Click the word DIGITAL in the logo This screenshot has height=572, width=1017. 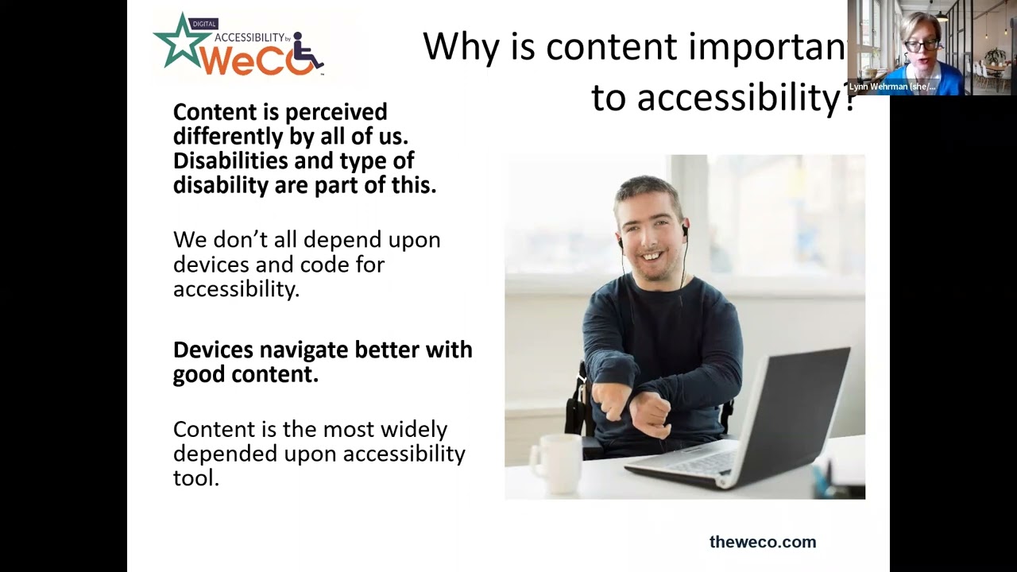tap(203, 24)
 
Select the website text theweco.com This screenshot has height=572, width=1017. tap(762, 542)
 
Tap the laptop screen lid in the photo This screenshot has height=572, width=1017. tap(795, 405)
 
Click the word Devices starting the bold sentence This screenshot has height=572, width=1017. tap(213, 350)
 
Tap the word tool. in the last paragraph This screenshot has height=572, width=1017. tap(195, 477)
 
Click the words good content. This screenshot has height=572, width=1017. tap(246, 374)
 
